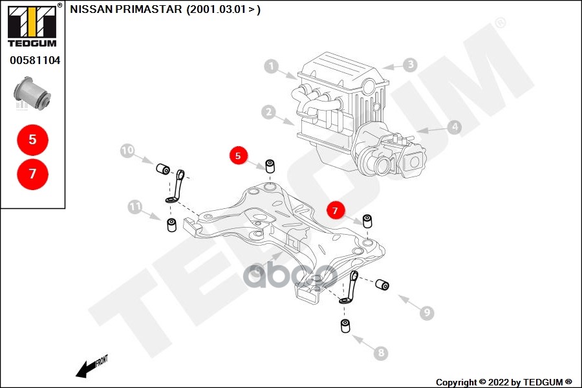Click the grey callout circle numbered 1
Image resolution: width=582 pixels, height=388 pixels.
(271, 66)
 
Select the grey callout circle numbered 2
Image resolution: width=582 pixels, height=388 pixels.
(268, 112)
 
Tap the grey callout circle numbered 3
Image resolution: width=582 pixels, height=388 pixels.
(410, 65)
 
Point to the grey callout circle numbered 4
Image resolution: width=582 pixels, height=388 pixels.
(455, 127)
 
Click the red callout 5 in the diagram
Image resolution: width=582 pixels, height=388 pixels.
(238, 156)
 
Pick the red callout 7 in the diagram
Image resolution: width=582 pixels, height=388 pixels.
(335, 210)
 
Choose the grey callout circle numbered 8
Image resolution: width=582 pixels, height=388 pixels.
(380, 353)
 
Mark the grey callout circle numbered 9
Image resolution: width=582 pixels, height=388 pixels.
(426, 313)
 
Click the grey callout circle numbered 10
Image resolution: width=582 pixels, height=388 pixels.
(127, 151)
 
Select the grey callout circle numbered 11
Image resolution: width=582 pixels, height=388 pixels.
(135, 208)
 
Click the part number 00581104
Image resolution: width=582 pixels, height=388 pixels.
(34, 61)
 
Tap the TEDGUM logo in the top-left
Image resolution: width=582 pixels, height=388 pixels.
(32, 27)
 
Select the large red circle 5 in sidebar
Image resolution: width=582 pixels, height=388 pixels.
(33, 138)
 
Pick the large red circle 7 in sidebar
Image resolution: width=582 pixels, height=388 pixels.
(33, 173)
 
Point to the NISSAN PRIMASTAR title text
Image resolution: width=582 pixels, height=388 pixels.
(165, 10)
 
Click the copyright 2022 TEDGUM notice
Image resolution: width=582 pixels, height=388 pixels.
(504, 382)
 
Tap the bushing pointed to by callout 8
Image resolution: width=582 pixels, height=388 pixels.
(345, 327)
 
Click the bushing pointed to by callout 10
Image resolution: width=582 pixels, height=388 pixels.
(163, 169)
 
